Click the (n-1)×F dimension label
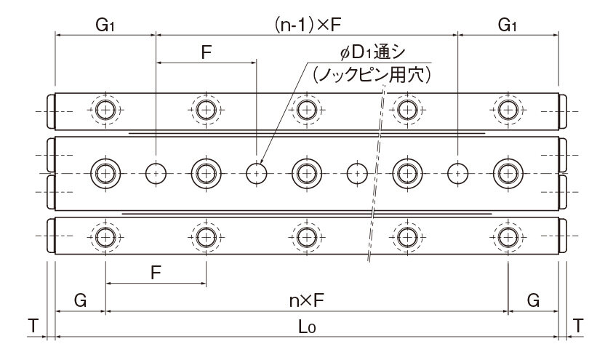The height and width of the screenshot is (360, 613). click(x=308, y=25)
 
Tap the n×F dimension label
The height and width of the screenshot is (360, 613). click(x=307, y=300)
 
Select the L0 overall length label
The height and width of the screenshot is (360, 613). click(x=307, y=327)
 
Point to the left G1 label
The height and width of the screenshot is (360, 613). click(x=105, y=25)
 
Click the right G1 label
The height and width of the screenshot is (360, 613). click(x=508, y=25)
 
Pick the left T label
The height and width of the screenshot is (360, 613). click(x=33, y=325)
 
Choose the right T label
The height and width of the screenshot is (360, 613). click(x=577, y=325)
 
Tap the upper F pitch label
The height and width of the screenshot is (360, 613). click(x=206, y=52)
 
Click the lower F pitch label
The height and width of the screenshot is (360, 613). click(x=156, y=273)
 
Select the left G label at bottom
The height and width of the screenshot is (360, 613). click(x=80, y=300)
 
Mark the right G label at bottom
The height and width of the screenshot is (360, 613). click(x=533, y=300)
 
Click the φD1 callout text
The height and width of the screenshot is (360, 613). click(x=372, y=52)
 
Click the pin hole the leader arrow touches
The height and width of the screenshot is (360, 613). click(x=257, y=173)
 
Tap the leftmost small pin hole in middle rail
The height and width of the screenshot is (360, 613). click(x=156, y=173)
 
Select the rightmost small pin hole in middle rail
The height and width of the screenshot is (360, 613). click(x=458, y=173)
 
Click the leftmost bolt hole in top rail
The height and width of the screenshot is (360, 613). click(x=105, y=110)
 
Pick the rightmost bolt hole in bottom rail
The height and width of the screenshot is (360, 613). click(x=508, y=237)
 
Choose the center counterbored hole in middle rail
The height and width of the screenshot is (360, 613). click(x=307, y=173)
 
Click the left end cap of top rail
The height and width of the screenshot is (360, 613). click(x=51, y=111)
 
